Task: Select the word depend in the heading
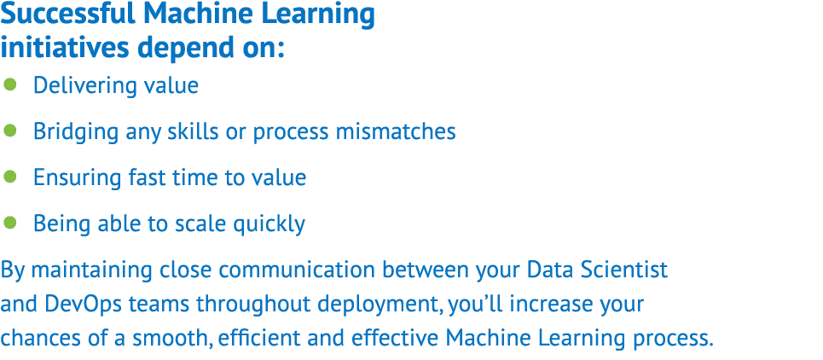188,49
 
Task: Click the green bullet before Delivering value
9,84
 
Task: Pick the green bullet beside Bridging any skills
9,131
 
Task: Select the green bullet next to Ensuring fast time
9,177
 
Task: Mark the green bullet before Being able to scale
9,223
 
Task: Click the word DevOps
71,305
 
